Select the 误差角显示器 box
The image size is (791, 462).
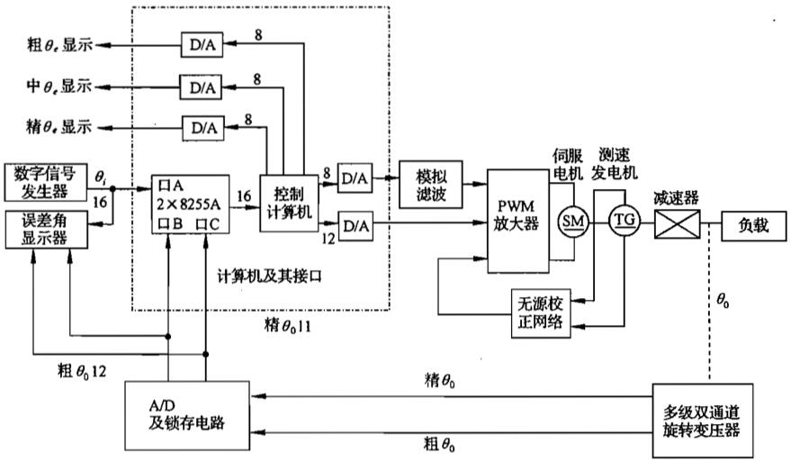[45, 229]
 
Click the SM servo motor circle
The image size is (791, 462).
[571, 221]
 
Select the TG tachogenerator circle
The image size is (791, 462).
[623, 221]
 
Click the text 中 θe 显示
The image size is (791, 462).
[59, 86]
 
